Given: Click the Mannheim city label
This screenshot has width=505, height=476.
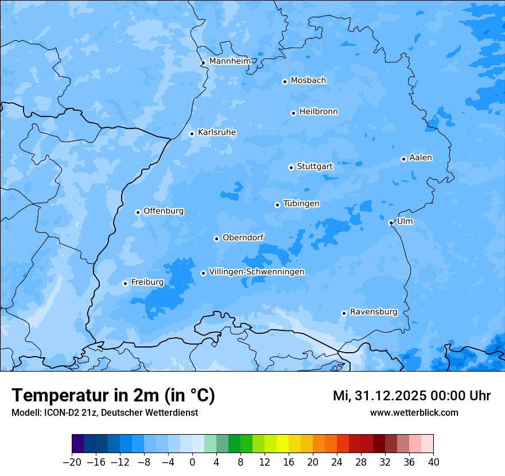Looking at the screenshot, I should (230, 61).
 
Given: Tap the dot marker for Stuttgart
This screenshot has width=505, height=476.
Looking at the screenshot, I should (291, 167).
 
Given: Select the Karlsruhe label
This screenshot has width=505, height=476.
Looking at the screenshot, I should (217, 132).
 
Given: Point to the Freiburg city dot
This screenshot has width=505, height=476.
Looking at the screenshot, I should (125, 283).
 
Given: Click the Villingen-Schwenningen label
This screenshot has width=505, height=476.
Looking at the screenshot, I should (257, 272).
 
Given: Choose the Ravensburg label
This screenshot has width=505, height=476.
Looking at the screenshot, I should (374, 312).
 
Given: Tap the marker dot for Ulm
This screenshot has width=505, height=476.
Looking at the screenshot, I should (391, 223).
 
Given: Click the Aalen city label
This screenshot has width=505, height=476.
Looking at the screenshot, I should (421, 158).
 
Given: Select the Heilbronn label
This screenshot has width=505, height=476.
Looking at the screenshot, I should (318, 112).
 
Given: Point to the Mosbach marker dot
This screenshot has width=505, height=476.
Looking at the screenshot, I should (285, 81).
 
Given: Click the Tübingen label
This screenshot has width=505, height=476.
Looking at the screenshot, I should (301, 204).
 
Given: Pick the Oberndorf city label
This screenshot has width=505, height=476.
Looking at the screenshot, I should (243, 237).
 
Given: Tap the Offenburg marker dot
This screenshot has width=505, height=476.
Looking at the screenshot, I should (138, 212).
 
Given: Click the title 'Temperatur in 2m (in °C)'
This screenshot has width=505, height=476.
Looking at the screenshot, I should (113, 395).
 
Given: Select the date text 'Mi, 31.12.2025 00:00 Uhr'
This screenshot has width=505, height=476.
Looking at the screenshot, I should (411, 396).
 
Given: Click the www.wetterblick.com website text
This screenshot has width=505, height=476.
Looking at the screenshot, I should (414, 412).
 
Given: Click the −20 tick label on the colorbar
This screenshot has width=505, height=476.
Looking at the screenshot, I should (72, 462).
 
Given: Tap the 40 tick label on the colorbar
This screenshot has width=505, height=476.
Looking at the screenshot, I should (433, 462).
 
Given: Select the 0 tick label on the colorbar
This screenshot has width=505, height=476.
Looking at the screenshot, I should (192, 462).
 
